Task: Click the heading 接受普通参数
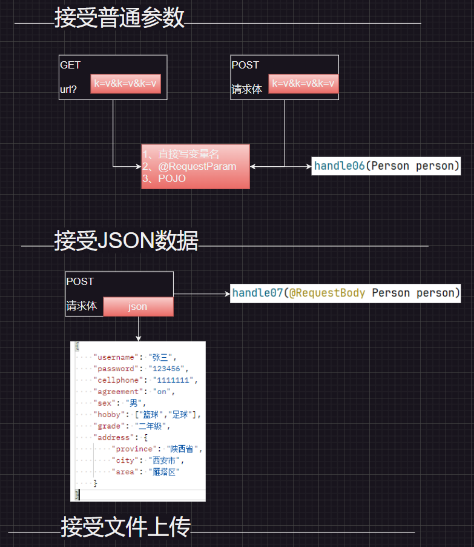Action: [119, 18]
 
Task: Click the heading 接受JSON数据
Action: [126, 241]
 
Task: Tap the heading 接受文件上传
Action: [125, 527]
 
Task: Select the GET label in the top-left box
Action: [70, 65]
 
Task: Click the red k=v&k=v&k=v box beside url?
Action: [126, 84]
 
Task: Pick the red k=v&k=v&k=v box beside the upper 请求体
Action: [303, 84]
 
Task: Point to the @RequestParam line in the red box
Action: [189, 166]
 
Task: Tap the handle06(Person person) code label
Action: [387, 166]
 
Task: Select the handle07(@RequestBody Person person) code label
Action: [346, 294]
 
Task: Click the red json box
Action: [138, 307]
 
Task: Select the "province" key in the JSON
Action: [134, 449]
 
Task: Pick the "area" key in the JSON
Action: [125, 472]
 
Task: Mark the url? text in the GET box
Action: [68, 90]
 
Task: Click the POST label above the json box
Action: [80, 281]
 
